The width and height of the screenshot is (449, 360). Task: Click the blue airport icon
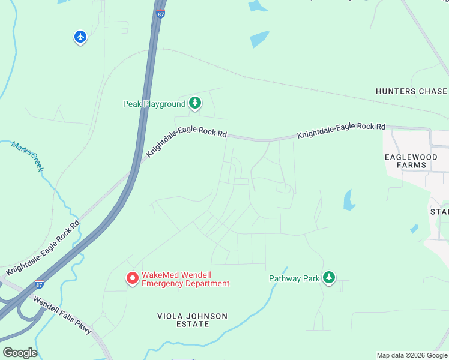click(x=80, y=37)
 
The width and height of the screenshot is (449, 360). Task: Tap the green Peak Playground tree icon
click(x=195, y=104)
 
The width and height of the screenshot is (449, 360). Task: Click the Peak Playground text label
click(x=155, y=104)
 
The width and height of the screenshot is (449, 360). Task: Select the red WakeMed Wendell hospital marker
click(x=132, y=278)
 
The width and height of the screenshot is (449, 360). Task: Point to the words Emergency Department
click(x=185, y=284)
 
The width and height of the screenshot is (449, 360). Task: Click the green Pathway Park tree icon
click(x=328, y=278)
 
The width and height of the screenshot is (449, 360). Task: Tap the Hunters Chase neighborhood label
click(x=411, y=91)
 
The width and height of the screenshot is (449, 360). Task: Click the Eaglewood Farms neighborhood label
click(x=411, y=161)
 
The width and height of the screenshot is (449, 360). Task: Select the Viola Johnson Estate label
click(x=193, y=320)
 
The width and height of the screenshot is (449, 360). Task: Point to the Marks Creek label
click(x=28, y=157)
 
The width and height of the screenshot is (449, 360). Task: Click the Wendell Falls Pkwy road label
click(x=62, y=315)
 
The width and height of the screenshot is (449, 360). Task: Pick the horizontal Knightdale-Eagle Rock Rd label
click(x=341, y=131)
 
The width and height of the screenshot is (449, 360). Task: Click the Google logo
click(x=20, y=353)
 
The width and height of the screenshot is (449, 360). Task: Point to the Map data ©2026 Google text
click(x=412, y=355)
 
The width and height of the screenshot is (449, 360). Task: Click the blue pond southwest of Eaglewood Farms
click(x=349, y=200)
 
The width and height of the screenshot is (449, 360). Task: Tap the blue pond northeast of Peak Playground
click(x=259, y=39)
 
